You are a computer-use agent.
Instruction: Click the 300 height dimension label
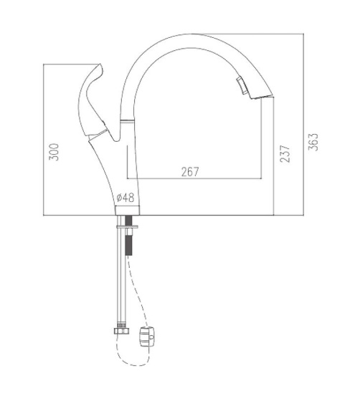(x=54, y=152)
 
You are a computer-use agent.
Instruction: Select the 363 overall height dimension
(x=313, y=142)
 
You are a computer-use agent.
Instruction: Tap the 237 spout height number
(x=285, y=153)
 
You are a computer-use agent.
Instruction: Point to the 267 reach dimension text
(x=190, y=172)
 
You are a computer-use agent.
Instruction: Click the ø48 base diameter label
(x=125, y=198)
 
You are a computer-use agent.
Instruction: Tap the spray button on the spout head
(x=241, y=86)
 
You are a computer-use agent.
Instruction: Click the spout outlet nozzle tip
(x=262, y=97)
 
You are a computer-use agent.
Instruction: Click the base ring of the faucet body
(x=128, y=211)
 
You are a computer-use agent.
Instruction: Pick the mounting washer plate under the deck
(x=127, y=226)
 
